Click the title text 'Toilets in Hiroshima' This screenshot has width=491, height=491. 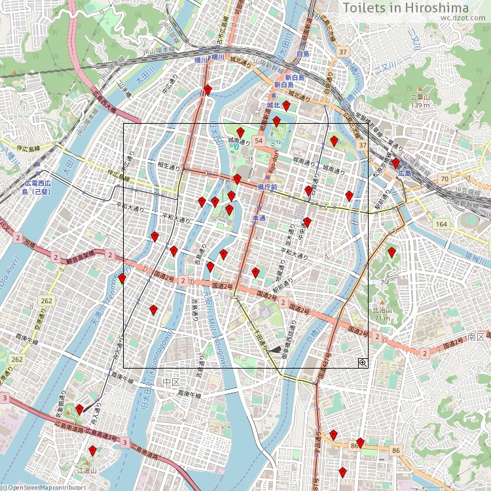click(x=406, y=8)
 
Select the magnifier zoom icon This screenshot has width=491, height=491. click(x=363, y=363)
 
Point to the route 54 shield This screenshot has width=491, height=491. click(x=259, y=141)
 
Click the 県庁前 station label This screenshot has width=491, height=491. click(x=268, y=187)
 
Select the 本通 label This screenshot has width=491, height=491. click(x=259, y=218)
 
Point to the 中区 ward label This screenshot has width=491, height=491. click(x=172, y=382)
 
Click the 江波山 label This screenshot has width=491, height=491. click(x=87, y=470)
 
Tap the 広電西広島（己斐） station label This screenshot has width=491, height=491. click(x=37, y=187)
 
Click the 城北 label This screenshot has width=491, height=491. click(x=273, y=105)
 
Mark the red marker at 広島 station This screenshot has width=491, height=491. click(x=395, y=163)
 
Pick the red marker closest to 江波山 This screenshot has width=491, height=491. click(x=93, y=451)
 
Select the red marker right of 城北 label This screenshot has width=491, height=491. click(x=286, y=105)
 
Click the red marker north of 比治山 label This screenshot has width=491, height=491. click(x=391, y=253)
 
